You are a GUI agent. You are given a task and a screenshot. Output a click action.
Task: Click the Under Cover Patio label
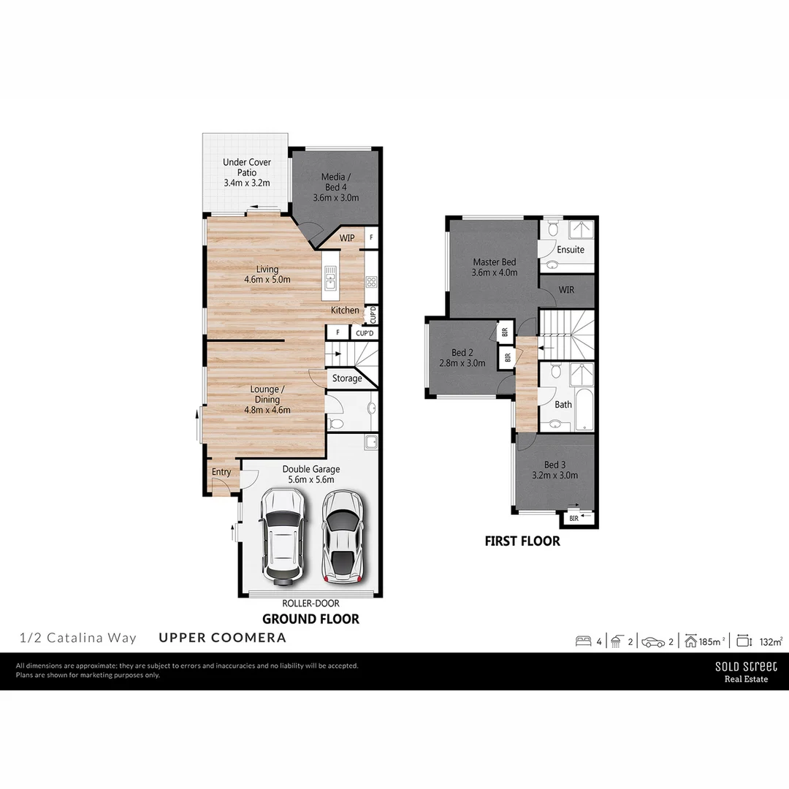point(247,172)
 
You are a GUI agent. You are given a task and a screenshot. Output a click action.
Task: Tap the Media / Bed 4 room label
point(336,187)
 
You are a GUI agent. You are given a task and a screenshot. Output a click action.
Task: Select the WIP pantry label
point(346,238)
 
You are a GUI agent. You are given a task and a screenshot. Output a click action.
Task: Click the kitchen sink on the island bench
point(331,278)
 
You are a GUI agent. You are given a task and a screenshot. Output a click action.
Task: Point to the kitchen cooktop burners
point(371,281)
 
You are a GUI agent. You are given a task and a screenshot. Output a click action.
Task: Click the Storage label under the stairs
point(347,378)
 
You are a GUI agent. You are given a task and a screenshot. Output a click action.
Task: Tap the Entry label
point(221,472)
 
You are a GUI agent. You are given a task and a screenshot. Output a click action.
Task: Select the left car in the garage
point(283,536)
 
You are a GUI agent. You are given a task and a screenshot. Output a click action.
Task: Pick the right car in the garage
point(343,536)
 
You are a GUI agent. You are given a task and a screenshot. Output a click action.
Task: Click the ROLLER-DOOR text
point(310,603)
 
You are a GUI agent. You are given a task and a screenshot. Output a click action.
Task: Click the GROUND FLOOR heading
point(310,619)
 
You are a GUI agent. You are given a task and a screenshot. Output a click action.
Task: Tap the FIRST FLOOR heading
point(522,541)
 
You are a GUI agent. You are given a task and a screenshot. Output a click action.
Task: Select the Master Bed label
point(495,267)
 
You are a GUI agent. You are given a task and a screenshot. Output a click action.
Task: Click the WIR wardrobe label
point(566,290)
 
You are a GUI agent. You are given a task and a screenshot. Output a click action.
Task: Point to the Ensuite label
point(571,250)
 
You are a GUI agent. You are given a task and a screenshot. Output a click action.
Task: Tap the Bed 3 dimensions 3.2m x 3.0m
point(555,475)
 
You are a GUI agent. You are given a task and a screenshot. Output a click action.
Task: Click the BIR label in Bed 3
point(574,519)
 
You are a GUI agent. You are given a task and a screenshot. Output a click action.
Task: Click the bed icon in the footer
point(583,641)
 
